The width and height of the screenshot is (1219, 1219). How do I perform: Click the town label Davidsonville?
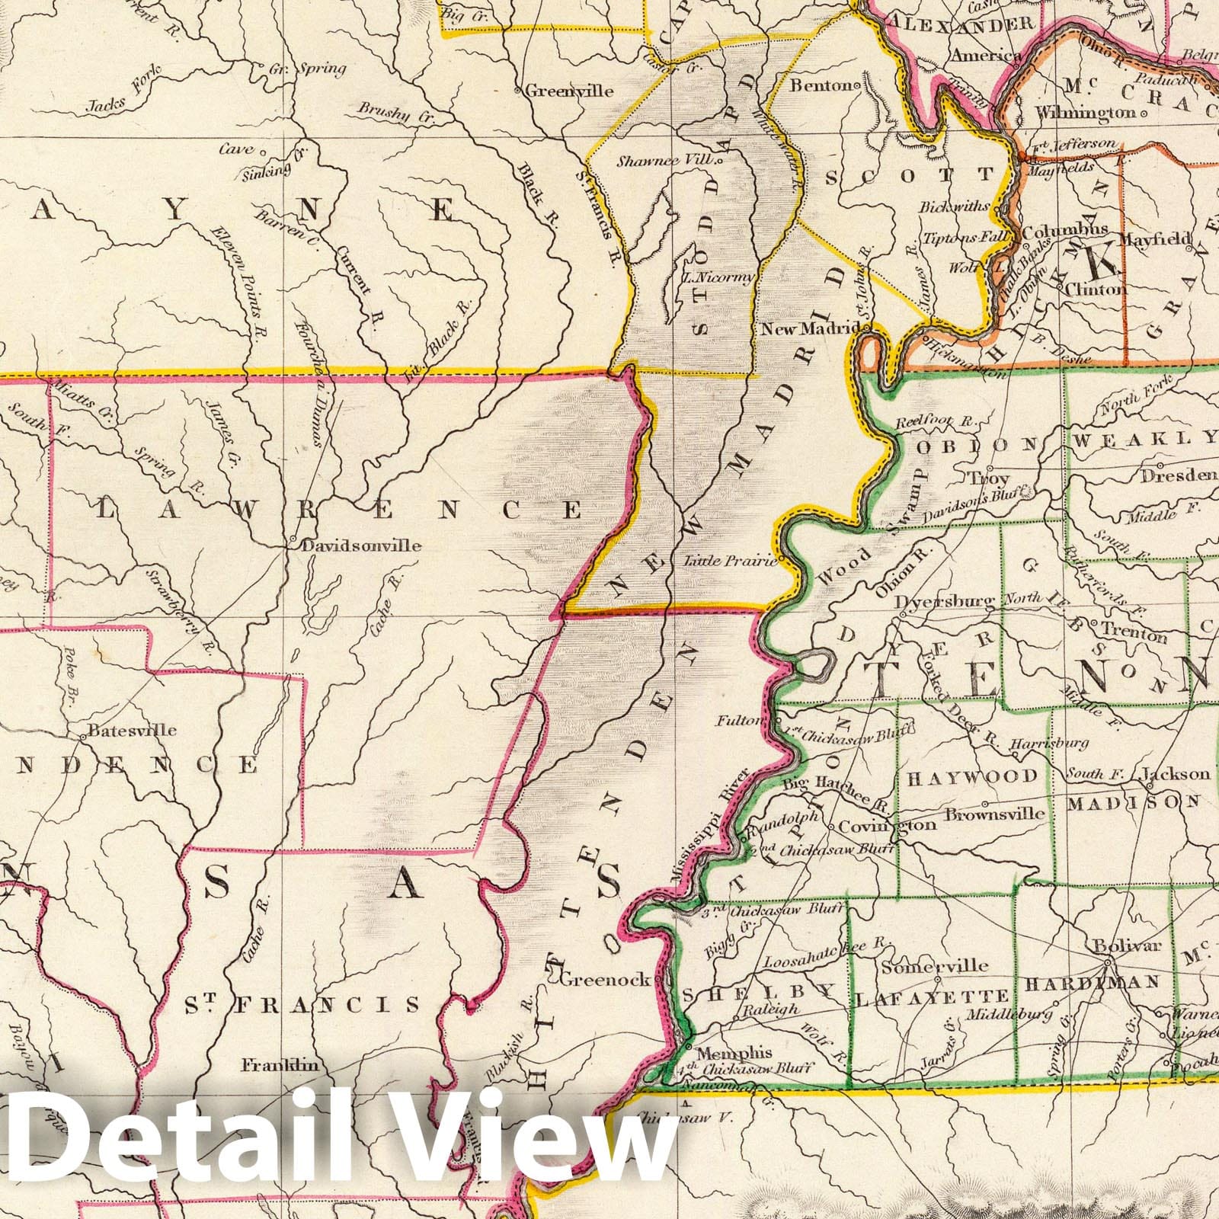click(361, 546)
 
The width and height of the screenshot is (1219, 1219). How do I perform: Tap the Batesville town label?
click(133, 730)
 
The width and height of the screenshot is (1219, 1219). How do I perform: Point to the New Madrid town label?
click(812, 329)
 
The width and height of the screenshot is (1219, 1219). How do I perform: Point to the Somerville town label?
click(934, 967)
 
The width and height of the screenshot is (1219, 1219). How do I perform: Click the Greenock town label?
click(606, 980)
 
